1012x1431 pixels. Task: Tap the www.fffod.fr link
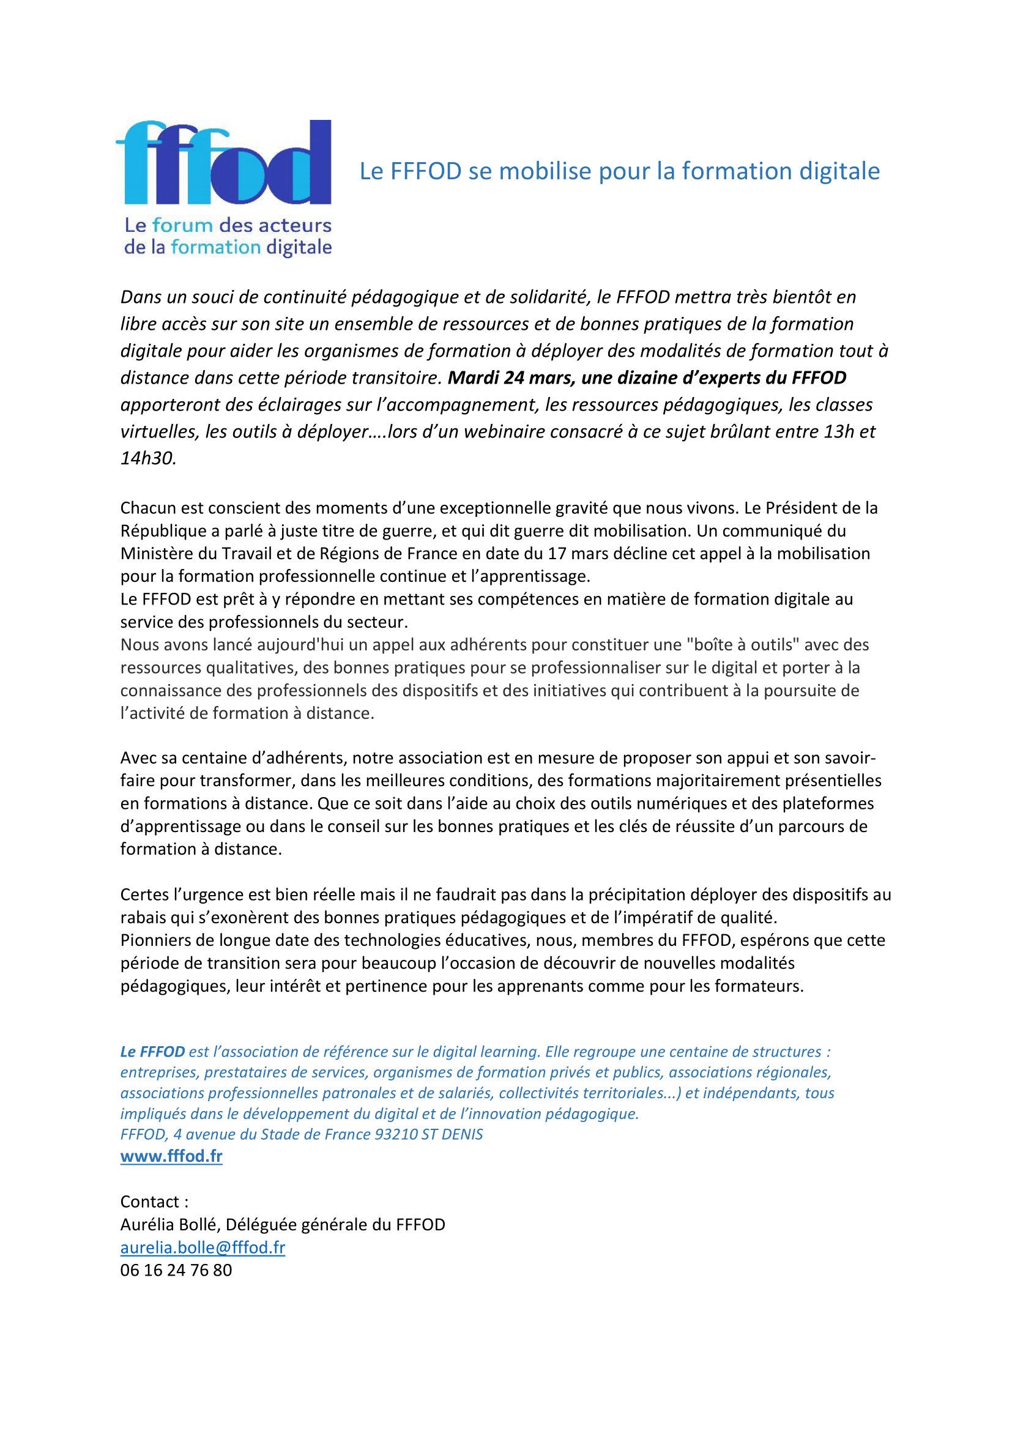[x=171, y=1156]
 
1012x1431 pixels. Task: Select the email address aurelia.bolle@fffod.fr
[x=203, y=1247]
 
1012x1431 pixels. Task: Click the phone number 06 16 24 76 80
[x=176, y=1270]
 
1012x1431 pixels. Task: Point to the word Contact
[x=149, y=1202]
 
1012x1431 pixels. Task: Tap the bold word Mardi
[x=473, y=377]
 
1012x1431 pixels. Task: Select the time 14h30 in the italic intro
[x=147, y=458]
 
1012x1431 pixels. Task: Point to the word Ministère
[x=158, y=554]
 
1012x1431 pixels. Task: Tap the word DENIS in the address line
[x=462, y=1134]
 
